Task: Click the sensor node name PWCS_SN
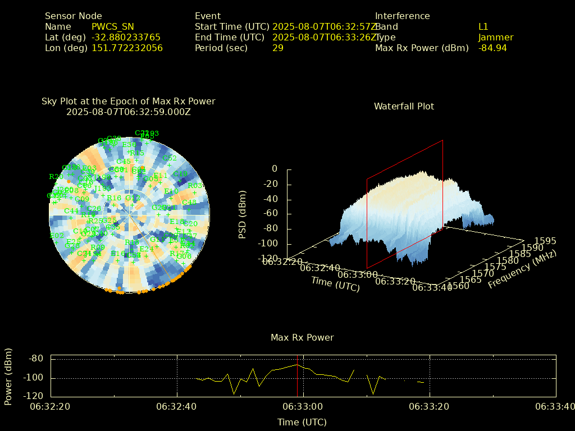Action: point(113,27)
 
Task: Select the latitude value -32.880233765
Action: point(126,38)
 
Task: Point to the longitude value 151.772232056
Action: point(127,48)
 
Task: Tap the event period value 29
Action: point(278,48)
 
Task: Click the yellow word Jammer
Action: point(496,38)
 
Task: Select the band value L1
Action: point(483,27)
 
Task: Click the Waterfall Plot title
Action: point(404,107)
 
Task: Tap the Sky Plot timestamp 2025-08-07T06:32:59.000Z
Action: point(129,112)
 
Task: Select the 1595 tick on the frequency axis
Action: point(545,241)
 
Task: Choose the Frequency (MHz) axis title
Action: point(522,270)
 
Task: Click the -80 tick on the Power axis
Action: point(36,359)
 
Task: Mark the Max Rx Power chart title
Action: point(302,338)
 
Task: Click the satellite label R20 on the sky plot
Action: point(56,177)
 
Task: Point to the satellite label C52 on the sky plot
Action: point(169,158)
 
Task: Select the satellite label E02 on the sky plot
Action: point(57,236)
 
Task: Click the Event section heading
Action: point(208,16)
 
